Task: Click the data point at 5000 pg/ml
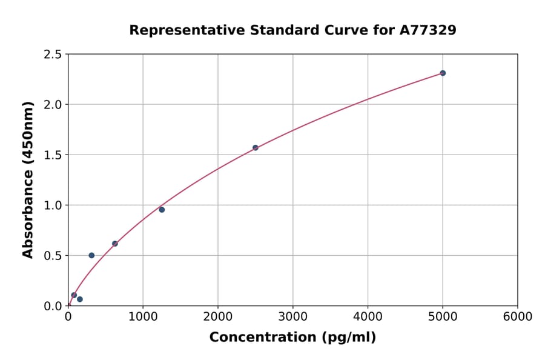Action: [x=443, y=73]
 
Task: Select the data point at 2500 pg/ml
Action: [x=256, y=147]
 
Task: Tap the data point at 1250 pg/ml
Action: [x=162, y=210]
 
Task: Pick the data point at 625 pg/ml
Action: [x=115, y=244]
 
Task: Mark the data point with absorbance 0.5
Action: [x=91, y=255]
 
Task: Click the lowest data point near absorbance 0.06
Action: [x=80, y=299]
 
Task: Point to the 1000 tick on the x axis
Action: [x=143, y=317]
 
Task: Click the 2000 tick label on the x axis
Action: [x=218, y=317]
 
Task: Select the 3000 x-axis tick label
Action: [x=293, y=317]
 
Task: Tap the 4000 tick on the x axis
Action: [x=368, y=317]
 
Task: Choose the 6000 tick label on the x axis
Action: [x=518, y=317]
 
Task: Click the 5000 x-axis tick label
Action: [x=443, y=317]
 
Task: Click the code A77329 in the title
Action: [x=428, y=30]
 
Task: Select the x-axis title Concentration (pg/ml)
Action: [x=292, y=338]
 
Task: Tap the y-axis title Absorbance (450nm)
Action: [x=28, y=179]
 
